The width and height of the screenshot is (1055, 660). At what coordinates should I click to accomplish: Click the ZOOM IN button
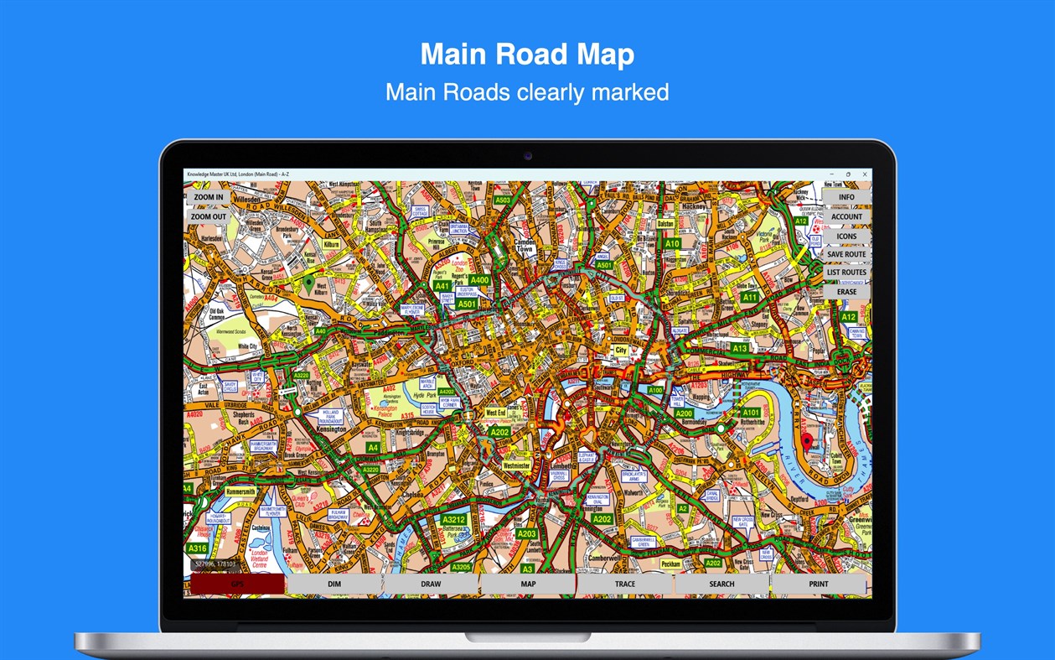tap(208, 198)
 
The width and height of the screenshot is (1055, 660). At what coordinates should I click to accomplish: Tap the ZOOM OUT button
tap(208, 216)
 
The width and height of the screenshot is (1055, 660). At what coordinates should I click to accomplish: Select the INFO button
tap(846, 198)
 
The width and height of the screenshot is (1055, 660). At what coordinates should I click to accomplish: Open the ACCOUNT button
tap(846, 216)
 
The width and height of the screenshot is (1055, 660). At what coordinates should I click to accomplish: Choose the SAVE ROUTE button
tap(846, 254)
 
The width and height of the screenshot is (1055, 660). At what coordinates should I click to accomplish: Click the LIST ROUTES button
tap(846, 273)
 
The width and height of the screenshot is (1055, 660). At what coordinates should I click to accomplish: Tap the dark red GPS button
tap(237, 584)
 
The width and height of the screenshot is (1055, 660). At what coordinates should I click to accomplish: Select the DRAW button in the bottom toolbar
tap(431, 584)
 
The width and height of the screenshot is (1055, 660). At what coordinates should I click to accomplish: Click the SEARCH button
tap(721, 584)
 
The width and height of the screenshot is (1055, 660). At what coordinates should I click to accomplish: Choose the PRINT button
tap(819, 584)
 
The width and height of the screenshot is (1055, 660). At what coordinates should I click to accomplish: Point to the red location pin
tap(807, 441)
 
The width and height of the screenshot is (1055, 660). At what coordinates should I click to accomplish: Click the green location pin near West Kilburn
tap(308, 283)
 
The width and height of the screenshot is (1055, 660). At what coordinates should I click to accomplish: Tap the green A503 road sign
tap(503, 200)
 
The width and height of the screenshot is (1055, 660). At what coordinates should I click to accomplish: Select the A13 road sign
tap(739, 348)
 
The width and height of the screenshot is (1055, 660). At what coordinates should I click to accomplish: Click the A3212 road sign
tap(453, 520)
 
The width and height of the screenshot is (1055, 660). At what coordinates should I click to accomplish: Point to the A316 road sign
tap(198, 548)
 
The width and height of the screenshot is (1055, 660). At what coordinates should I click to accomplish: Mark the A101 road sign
tap(751, 413)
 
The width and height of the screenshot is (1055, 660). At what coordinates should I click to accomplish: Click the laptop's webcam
tap(527, 156)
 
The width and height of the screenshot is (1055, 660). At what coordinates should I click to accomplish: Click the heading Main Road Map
tap(527, 55)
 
